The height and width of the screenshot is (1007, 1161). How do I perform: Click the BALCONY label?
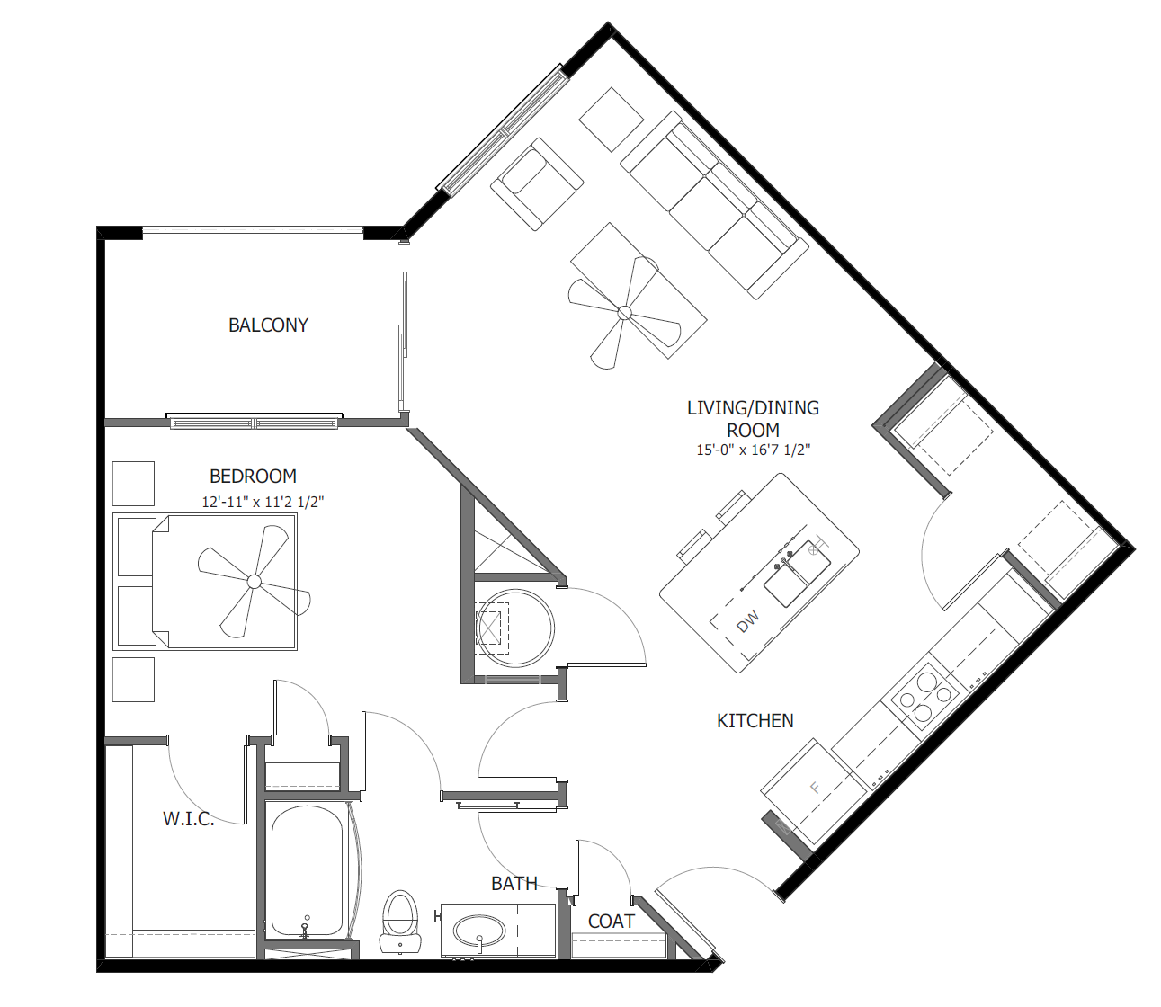pyautogui.click(x=268, y=325)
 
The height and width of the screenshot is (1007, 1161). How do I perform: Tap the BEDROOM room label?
pyautogui.click(x=253, y=477)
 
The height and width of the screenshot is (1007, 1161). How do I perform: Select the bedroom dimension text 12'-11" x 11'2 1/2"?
pyautogui.click(x=262, y=502)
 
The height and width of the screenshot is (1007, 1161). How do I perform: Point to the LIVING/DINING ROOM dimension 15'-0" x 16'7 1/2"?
pyautogui.click(x=753, y=450)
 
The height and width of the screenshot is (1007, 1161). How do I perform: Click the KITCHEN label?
pyautogui.click(x=755, y=721)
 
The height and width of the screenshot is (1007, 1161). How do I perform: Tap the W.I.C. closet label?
pyautogui.click(x=188, y=819)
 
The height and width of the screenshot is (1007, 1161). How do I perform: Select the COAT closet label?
pyautogui.click(x=611, y=922)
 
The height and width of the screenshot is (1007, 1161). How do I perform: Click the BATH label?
pyautogui.click(x=514, y=884)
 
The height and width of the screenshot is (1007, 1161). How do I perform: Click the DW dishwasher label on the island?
pyautogui.click(x=748, y=621)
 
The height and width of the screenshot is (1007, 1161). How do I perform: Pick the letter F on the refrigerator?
pyautogui.click(x=816, y=789)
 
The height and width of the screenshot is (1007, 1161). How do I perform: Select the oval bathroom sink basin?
pyautogui.click(x=479, y=930)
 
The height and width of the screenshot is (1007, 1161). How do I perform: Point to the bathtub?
pyautogui.click(x=307, y=870)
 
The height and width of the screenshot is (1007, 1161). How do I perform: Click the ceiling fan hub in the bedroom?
pyautogui.click(x=255, y=582)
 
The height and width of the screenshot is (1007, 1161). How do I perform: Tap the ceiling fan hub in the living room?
pyautogui.click(x=624, y=313)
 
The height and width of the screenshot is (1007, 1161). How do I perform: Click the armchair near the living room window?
pyautogui.click(x=536, y=183)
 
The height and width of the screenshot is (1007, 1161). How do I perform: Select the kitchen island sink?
pyautogui.click(x=797, y=575)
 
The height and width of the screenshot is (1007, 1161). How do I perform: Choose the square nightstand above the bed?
pyautogui.click(x=133, y=484)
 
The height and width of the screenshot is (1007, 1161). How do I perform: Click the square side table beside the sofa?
pyautogui.click(x=611, y=119)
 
